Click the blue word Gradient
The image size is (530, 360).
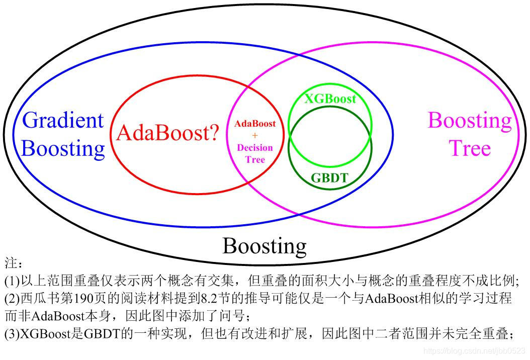[63, 121]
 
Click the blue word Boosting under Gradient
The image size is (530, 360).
[63, 148]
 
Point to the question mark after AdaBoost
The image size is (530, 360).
[214, 133]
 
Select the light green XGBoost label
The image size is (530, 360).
[330, 99]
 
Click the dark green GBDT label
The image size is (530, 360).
[329, 177]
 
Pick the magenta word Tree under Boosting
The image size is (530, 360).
[469, 148]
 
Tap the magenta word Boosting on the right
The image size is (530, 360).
[469, 121]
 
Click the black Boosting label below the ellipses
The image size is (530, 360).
[264, 246]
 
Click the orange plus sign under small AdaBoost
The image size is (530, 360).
[255, 136]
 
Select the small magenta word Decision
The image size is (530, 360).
[255, 148]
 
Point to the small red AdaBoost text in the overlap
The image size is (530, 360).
[255, 124]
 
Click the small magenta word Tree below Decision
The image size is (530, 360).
[255, 160]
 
